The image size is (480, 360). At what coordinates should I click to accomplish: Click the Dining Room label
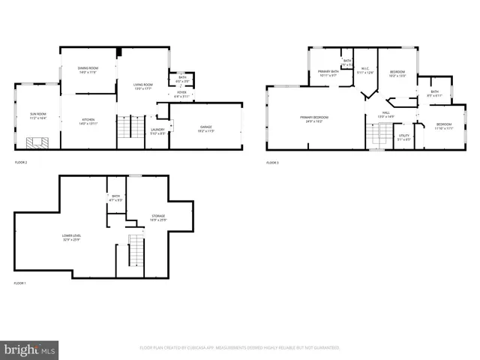pyautogui.click(x=88, y=69)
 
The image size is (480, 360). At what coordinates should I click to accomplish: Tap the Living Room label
pyautogui.click(x=132, y=85)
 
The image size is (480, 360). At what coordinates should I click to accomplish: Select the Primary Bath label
pyautogui.click(x=327, y=73)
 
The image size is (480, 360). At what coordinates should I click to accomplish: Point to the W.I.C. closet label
pyautogui.click(x=364, y=71)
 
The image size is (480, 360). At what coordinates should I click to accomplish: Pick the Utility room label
pyautogui.click(x=403, y=137)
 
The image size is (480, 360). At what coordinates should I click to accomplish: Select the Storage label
pyautogui.click(x=157, y=217)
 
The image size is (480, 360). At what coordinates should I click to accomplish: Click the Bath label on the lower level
pyautogui.click(x=115, y=199)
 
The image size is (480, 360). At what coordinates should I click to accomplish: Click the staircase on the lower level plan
pyautogui.click(x=135, y=250)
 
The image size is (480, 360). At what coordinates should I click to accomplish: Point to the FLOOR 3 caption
pyautogui.click(x=273, y=163)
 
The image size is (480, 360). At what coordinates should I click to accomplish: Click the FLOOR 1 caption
pyautogui.click(x=20, y=283)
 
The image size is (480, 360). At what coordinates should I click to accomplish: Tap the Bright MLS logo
pyautogui.click(x=29, y=349)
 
